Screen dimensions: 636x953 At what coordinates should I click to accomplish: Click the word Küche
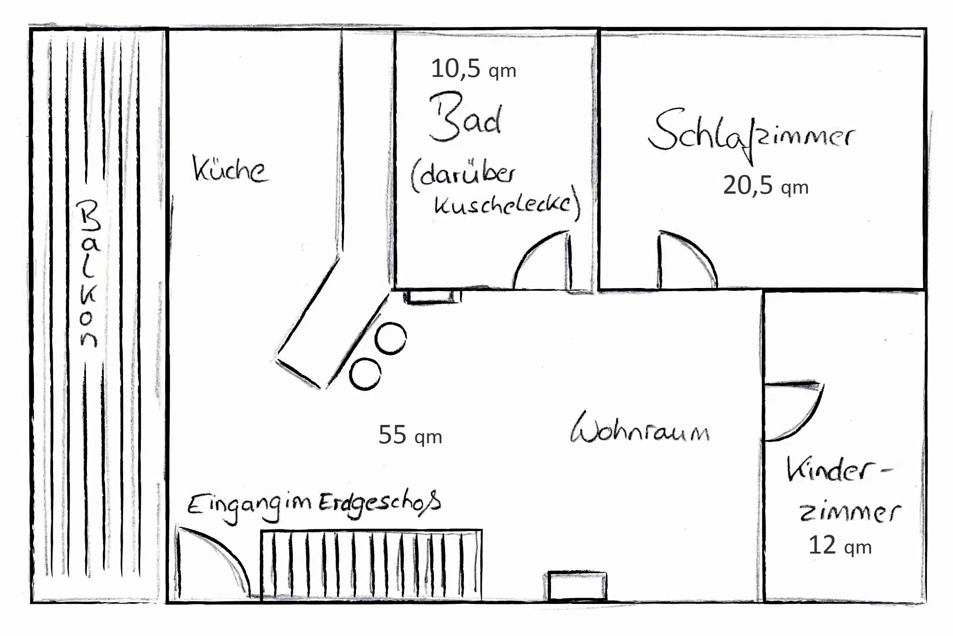230,170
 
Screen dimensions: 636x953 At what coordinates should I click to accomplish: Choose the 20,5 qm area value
765,185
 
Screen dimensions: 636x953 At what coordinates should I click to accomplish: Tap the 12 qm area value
840,545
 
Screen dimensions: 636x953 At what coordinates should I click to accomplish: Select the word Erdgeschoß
380,503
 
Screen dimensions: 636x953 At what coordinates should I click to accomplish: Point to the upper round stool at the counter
390,338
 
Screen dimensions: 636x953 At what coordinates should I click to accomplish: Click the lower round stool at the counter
365,374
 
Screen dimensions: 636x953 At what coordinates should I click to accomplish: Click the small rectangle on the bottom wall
577,586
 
